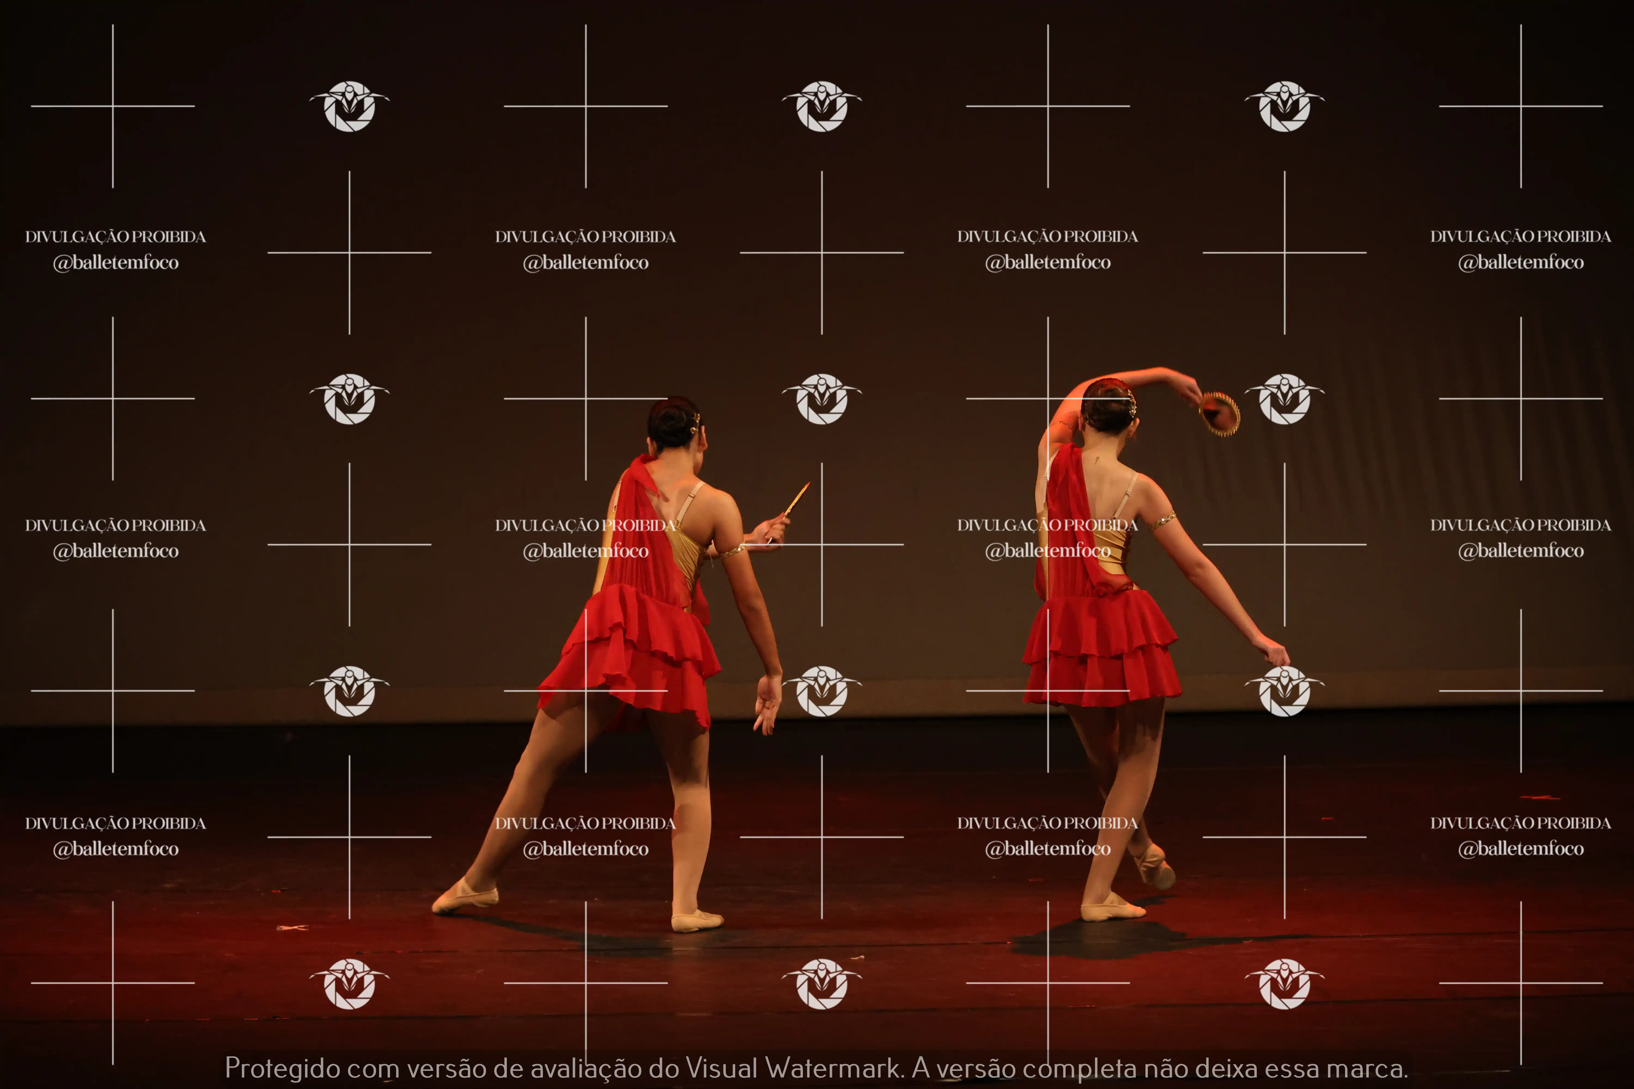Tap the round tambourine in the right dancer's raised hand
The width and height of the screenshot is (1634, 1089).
pos(1220,414)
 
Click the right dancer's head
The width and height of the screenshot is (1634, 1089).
pos(1109,406)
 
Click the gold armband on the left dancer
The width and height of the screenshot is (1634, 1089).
pos(731,552)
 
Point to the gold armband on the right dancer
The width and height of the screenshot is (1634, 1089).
pos(1162,520)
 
